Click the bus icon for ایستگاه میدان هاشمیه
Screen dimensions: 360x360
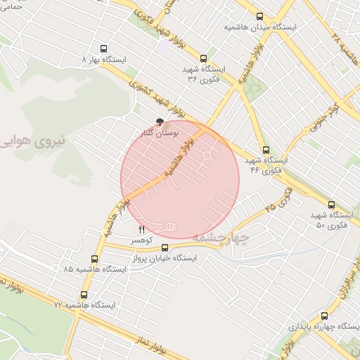260,17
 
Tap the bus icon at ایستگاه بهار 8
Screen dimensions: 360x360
104,49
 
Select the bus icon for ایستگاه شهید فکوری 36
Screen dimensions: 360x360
204,59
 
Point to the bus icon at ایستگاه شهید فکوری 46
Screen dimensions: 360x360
266,150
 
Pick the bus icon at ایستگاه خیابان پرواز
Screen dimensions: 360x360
165,247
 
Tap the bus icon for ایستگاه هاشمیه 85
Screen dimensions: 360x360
95,259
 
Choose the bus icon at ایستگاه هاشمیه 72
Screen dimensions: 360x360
84,295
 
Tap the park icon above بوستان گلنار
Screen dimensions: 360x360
161,122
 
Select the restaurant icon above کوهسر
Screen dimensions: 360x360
142,229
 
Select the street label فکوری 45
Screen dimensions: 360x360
278,196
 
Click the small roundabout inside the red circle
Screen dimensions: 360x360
209,153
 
